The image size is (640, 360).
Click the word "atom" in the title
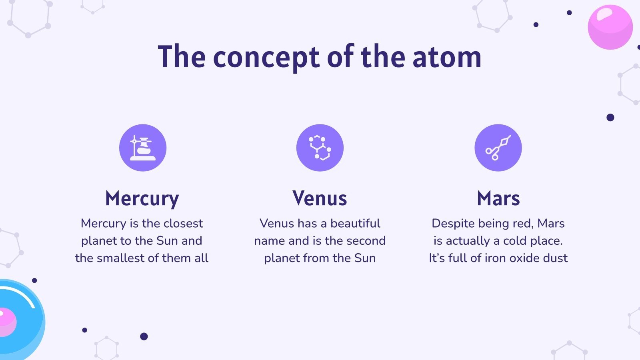pos(446,57)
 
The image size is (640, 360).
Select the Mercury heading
pos(142,198)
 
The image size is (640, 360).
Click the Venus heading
pos(320,198)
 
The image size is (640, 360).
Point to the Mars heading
pos(498,198)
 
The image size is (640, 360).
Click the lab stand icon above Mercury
pos(143,148)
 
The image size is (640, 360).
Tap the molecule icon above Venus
pos(320,148)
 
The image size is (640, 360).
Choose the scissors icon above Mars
pos(498,148)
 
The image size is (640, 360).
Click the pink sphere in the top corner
pos(610,27)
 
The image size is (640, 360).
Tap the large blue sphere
pos(24,320)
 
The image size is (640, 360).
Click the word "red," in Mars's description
pos(522,223)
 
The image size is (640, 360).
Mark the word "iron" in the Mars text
pos(494,258)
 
